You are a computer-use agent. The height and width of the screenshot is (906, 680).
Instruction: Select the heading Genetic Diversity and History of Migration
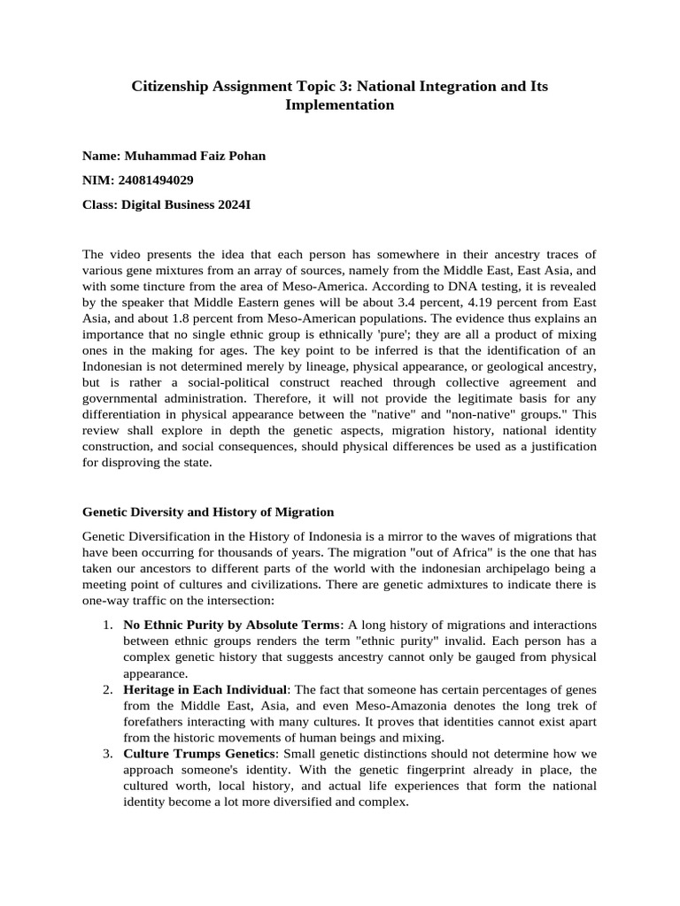tap(208, 511)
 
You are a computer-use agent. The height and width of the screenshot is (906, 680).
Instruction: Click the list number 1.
tap(105, 626)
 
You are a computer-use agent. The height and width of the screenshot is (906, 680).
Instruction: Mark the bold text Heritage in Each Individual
tap(205, 689)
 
